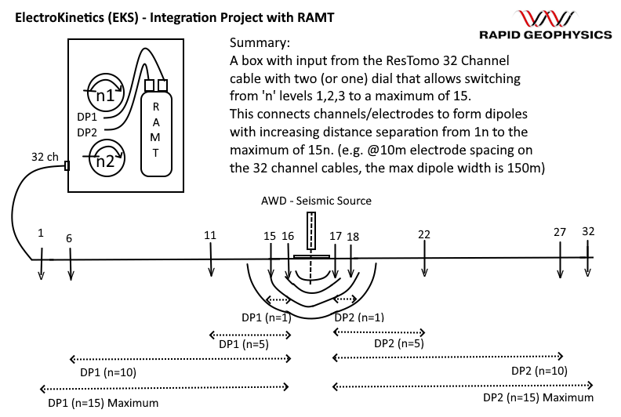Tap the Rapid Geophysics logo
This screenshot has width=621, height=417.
click(x=546, y=24)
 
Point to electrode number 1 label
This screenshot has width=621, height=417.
click(x=41, y=233)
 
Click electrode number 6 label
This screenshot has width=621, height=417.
click(x=70, y=238)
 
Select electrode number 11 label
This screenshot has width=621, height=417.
click(x=210, y=235)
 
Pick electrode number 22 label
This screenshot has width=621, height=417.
click(x=424, y=235)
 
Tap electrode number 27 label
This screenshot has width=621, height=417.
click(x=560, y=233)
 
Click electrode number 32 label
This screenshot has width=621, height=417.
click(x=588, y=231)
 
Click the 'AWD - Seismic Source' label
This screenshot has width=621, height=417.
click(x=317, y=201)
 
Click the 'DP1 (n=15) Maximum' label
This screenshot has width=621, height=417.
click(x=103, y=402)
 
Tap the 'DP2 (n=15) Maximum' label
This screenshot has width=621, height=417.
click(x=538, y=397)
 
